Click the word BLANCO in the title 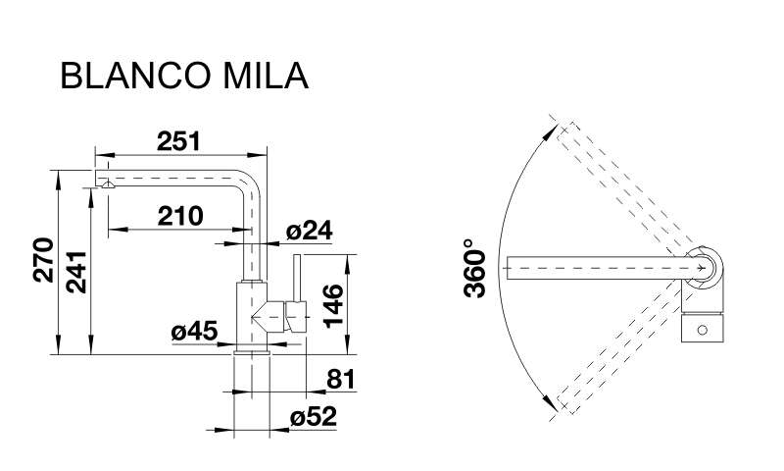click(x=135, y=76)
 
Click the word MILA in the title click(x=266, y=76)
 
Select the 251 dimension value click(x=178, y=141)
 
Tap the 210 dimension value click(x=180, y=216)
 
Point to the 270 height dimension click(x=43, y=260)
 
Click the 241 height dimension click(x=76, y=272)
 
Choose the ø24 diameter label click(x=309, y=231)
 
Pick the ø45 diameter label click(x=194, y=332)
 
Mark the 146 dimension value click(x=333, y=306)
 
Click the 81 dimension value click(x=340, y=379)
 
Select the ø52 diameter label click(x=314, y=416)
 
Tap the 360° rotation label click(x=474, y=268)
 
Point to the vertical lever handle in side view click(x=297, y=279)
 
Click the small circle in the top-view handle click(x=702, y=330)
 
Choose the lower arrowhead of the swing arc click(x=551, y=403)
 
